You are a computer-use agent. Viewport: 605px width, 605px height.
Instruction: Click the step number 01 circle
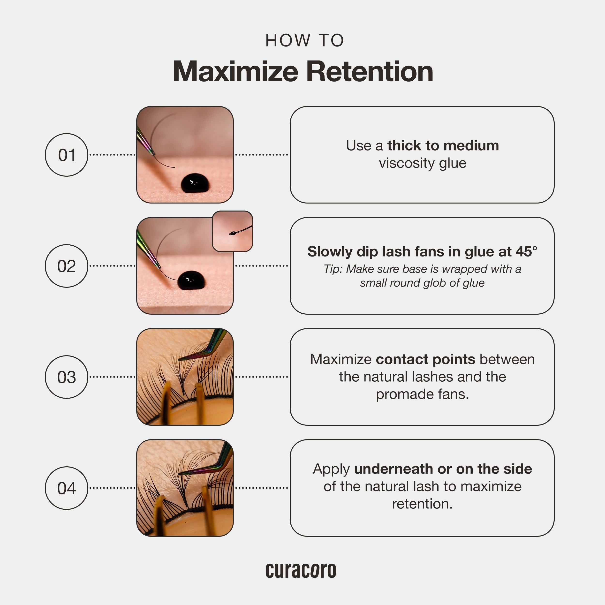point(66,155)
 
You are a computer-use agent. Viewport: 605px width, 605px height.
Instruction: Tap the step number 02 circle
point(66,266)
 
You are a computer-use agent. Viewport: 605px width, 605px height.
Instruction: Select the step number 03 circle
point(66,377)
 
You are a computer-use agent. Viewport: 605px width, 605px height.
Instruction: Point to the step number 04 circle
point(66,488)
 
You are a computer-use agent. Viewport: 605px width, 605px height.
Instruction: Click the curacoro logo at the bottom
point(301,571)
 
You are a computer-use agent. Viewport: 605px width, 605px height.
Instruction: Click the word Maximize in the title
point(235,71)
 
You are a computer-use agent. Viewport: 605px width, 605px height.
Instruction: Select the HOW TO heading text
point(305,41)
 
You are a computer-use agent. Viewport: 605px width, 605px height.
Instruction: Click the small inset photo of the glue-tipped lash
point(232,231)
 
